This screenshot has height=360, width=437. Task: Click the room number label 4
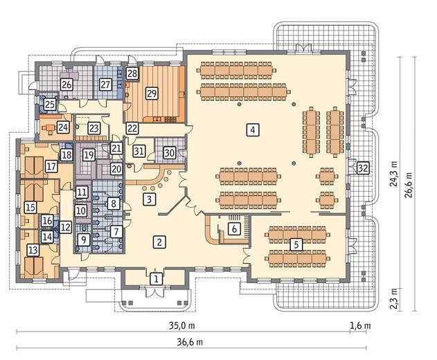[253, 129]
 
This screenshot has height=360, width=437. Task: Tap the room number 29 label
[152, 93]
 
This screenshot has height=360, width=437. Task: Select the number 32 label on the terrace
[363, 168]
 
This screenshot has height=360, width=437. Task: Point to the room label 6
[234, 228]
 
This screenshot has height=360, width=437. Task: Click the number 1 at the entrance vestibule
[156, 278]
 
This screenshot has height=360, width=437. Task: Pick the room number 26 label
[66, 84]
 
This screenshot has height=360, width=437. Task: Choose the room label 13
[33, 250]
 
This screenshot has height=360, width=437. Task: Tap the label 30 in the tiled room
[170, 153]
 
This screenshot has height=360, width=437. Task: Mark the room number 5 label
[296, 244]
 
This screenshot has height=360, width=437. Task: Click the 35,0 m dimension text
[182, 325]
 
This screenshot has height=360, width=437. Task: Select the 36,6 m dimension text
[190, 342]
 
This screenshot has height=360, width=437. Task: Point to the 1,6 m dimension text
[360, 325]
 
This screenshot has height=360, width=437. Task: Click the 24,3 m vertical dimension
[393, 174]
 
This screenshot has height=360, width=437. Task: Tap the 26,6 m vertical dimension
[409, 185]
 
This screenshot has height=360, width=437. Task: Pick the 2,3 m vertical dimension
[393, 298]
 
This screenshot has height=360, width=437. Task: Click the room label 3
[150, 199]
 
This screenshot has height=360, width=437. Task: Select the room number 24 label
[63, 127]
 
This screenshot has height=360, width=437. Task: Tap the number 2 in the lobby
[159, 242]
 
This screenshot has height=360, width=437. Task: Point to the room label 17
[51, 167]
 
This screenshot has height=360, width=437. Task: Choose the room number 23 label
[94, 129]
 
